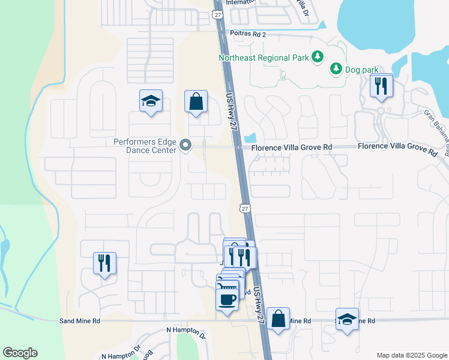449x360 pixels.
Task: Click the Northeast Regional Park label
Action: click(x=263, y=58)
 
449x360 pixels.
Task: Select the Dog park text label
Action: click(x=361, y=70)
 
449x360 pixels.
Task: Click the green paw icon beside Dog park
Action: click(x=336, y=70)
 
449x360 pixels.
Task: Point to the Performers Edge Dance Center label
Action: click(x=146, y=146)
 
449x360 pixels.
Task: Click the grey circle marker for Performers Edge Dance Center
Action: click(x=186, y=146)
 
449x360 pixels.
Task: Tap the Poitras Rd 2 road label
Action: click(x=247, y=34)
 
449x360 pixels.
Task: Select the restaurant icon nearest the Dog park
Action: click(x=381, y=86)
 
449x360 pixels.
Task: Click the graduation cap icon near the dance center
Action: click(x=151, y=102)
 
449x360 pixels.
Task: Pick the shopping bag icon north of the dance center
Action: click(x=196, y=101)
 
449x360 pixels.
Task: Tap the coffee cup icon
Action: click(x=227, y=299)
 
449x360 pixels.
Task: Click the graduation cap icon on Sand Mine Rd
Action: click(x=347, y=320)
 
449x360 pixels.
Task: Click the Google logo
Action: click(x=20, y=353)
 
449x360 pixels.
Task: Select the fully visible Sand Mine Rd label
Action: click(x=80, y=321)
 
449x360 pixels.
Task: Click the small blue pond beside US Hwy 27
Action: click(x=251, y=137)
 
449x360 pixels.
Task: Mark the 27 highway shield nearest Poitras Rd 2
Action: click(x=218, y=13)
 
